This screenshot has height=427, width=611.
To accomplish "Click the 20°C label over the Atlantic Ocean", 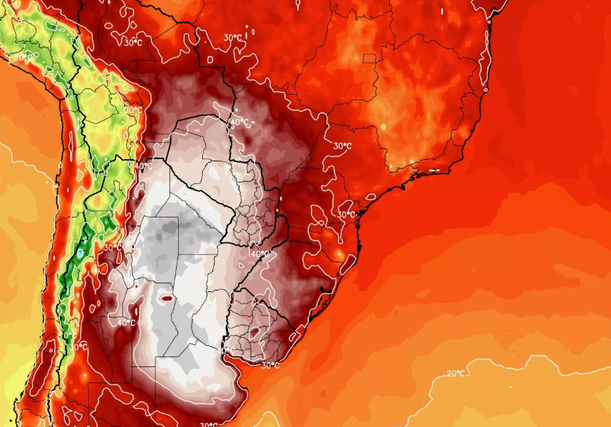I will point(456,374).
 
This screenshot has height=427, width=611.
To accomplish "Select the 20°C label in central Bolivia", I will point(133,110).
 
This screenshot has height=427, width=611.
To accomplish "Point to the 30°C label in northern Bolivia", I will point(133,43).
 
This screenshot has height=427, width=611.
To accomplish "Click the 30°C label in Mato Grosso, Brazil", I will point(234,38).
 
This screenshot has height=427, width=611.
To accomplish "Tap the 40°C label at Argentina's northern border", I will point(144,166).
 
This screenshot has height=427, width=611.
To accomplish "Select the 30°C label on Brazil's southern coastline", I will point(346,215).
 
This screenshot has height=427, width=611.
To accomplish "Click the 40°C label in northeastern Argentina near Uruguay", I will point(259,254).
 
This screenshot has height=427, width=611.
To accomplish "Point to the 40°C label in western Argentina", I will point(126,323).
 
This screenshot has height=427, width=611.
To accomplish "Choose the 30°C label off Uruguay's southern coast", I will point(270,365).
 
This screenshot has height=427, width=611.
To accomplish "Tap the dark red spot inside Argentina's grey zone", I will point(167,298).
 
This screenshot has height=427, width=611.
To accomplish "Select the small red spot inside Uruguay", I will point(253,332).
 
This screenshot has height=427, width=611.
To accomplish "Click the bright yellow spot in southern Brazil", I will point(339,253).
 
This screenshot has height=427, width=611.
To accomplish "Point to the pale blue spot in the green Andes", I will point(78,252).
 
